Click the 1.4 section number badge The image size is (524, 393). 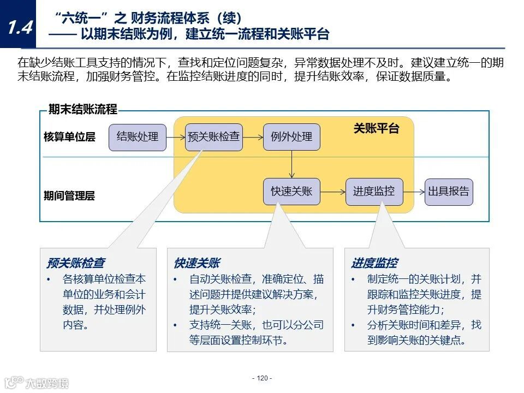click(20, 27)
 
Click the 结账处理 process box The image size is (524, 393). click(138, 137)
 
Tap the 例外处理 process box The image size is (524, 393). click(291, 137)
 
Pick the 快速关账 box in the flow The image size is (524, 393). click(291, 192)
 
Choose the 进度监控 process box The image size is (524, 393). click(374, 192)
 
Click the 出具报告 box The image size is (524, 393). click(449, 192)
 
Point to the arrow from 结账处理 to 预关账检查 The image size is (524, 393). click(176, 137)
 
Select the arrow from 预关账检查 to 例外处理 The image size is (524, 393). click(253, 137)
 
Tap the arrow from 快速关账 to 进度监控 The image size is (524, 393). click(332, 192)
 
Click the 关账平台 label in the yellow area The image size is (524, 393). click(376, 129)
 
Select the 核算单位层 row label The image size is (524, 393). click(69, 137)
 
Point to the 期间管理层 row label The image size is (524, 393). click(69, 195)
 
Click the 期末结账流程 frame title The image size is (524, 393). click(82, 110)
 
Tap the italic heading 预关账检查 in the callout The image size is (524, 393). click(76, 263)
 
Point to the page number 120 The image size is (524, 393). click(262, 378)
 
